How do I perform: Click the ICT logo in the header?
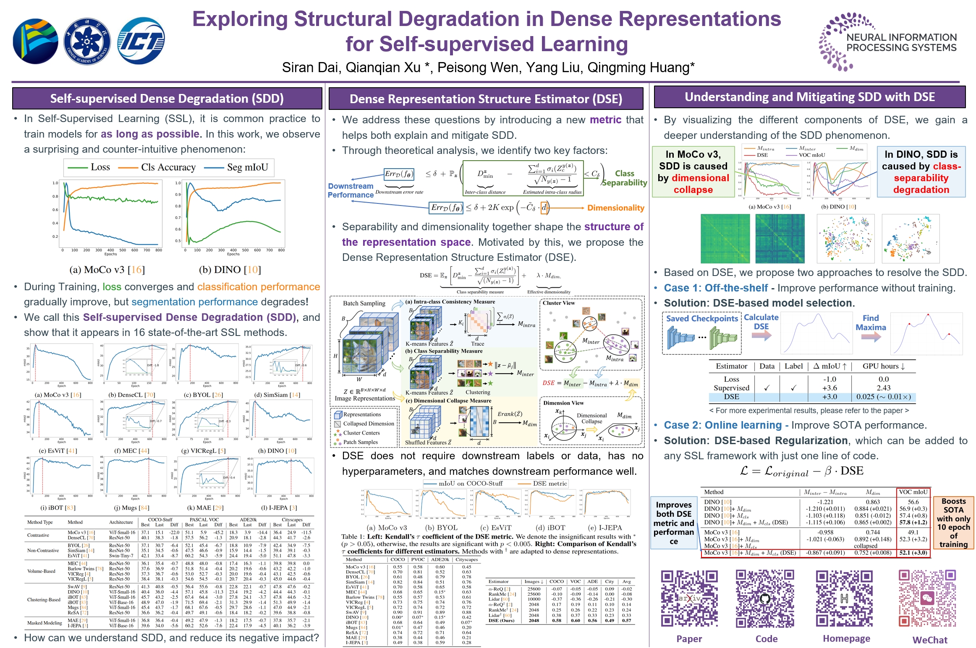[x=141, y=41]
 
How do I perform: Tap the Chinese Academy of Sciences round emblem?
[x=87, y=42]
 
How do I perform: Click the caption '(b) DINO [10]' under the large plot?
[x=230, y=270]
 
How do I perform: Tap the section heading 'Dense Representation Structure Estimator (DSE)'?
[x=486, y=99]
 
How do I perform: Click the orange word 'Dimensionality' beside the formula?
[x=615, y=208]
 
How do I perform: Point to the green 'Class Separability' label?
[x=625, y=178]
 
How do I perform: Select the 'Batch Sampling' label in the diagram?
[x=364, y=303]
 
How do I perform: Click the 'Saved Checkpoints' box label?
[x=702, y=318]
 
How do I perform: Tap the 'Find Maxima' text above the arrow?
[x=871, y=323]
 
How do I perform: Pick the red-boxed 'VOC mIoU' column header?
[x=913, y=492]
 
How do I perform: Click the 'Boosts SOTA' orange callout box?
[x=953, y=523]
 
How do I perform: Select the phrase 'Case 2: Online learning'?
[x=722, y=425]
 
